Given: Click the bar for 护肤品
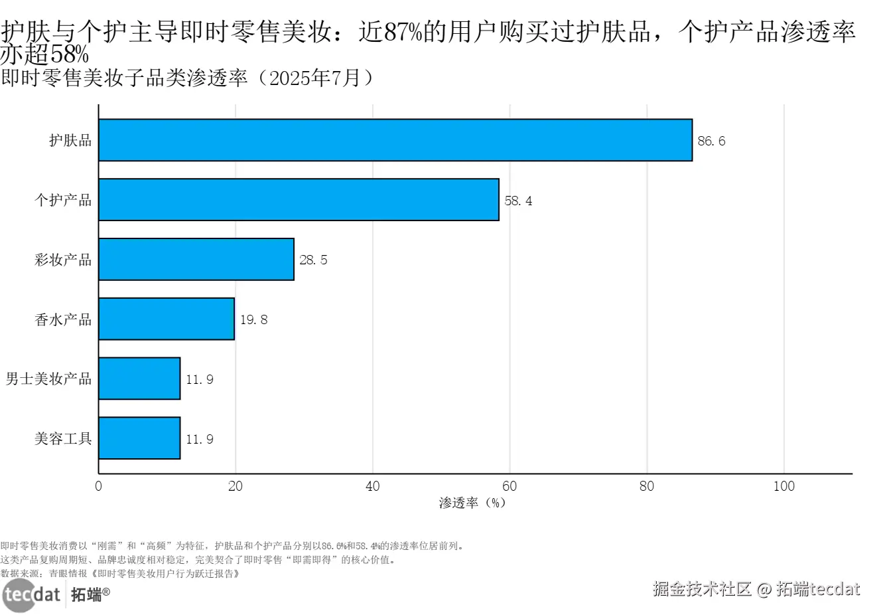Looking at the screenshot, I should coord(395,140).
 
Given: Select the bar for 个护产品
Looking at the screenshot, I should coord(299,199).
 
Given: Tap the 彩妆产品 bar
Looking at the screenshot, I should coord(196,259).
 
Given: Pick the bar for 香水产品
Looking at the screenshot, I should coord(167,319).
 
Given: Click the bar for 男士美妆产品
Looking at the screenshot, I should coord(139,379).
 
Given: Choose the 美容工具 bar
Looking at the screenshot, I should coord(139,438).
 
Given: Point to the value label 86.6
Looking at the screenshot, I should coord(711,141).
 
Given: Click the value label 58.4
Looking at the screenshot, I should coord(518,201).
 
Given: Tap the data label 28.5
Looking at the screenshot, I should coord(313,260).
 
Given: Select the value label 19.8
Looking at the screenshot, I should coord(253,320).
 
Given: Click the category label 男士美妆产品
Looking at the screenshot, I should coord(48,379).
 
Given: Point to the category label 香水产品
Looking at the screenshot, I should coord(63,319).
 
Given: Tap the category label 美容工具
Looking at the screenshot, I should coord(63,439).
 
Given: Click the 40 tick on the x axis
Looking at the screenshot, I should coord(373,486).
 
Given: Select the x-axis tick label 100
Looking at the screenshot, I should coord(783,486).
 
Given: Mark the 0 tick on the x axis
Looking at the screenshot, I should coord(99,486).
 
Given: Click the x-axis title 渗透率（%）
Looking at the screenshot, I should coord(472,503).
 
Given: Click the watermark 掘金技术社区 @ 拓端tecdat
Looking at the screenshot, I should coord(756,589).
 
